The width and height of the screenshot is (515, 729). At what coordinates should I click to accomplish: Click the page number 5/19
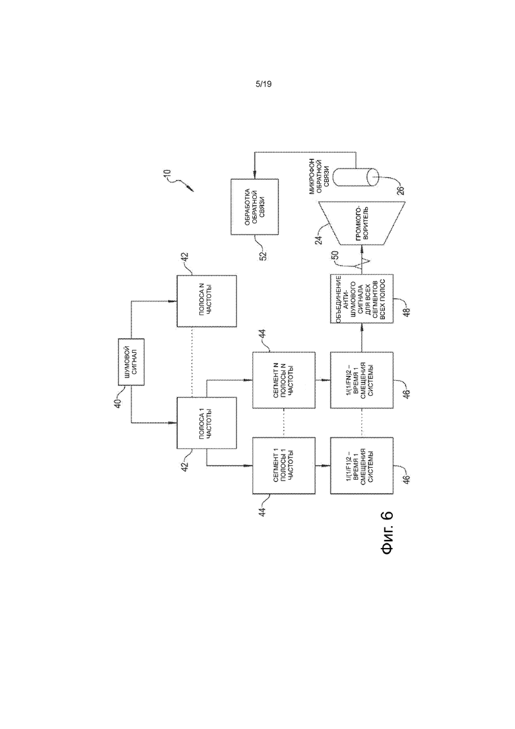[x=263, y=84]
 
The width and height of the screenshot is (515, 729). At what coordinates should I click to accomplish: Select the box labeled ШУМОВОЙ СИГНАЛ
[x=131, y=362]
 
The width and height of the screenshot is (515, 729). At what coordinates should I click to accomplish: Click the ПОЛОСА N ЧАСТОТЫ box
[x=207, y=301]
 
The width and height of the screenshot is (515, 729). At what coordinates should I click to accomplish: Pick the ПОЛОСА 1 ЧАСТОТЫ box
[x=207, y=422]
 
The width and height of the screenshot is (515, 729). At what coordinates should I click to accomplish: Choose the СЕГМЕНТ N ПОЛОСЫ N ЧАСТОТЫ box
[x=284, y=380]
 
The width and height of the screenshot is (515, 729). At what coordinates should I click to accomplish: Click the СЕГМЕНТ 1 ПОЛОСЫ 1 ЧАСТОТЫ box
[x=284, y=465]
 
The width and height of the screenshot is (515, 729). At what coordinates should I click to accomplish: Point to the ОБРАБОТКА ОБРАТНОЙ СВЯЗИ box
[x=254, y=207]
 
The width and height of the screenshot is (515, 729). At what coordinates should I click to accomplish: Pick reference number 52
[x=263, y=256]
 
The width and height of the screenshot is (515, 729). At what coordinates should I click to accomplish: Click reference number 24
[x=318, y=239]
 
